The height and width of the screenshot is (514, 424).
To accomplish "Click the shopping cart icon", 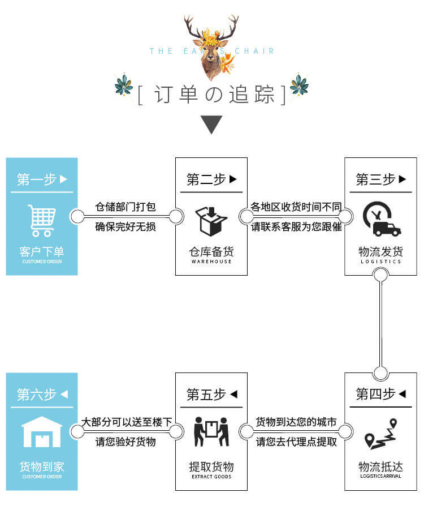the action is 42,221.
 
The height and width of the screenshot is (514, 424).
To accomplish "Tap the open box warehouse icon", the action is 211,221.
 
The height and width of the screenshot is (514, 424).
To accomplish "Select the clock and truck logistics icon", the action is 381,219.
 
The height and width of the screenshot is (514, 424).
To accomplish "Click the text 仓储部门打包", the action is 126,207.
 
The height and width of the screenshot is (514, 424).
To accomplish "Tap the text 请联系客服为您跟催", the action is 296,227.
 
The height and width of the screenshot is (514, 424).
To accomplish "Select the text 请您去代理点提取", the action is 296,442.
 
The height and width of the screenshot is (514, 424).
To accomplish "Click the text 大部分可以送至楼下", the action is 126,422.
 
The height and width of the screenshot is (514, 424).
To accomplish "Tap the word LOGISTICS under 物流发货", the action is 380,262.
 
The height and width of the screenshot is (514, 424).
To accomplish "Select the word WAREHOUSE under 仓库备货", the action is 211,262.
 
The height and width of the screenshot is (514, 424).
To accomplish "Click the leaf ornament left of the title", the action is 123,85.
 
